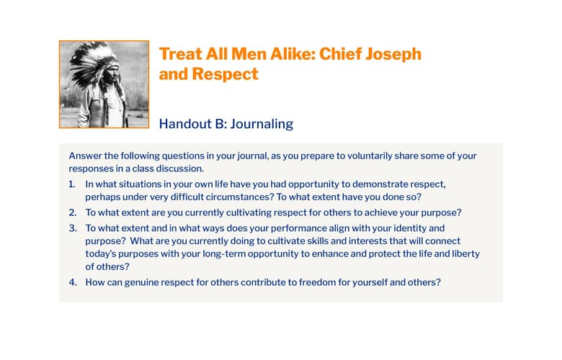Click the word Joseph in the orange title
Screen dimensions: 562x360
[x=393, y=55]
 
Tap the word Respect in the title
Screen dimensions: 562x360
[x=225, y=74]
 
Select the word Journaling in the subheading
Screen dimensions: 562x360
[x=262, y=124]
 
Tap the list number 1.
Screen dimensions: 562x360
[x=72, y=184]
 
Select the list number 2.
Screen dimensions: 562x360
[x=73, y=213]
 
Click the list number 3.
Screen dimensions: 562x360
[x=73, y=228]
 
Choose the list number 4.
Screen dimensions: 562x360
[x=73, y=282]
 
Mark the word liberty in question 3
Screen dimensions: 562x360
[x=466, y=253]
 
